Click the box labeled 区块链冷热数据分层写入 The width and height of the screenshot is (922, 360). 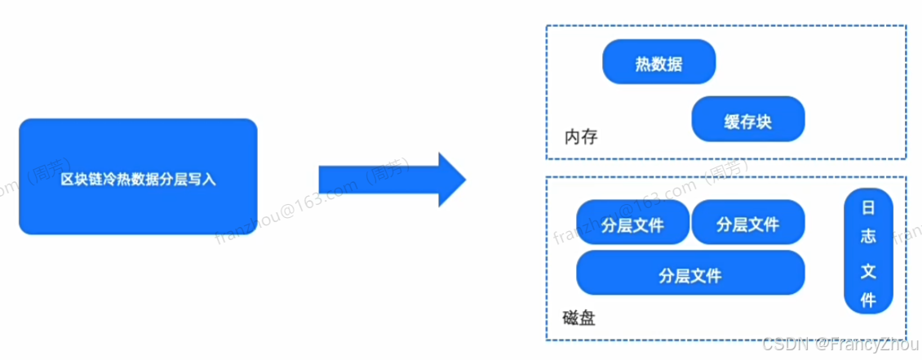pyautogui.click(x=138, y=176)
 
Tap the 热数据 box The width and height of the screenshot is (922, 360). pyautogui.click(x=658, y=63)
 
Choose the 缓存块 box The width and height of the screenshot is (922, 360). pyautogui.click(x=747, y=121)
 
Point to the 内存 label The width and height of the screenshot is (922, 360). pyautogui.click(x=580, y=136)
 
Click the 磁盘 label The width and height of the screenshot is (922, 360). pyautogui.click(x=578, y=317)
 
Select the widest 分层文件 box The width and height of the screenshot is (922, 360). pyautogui.click(x=689, y=273)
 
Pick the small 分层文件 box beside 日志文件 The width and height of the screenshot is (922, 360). pyautogui.click(x=747, y=224)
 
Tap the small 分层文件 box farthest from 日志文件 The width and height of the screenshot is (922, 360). pyautogui.click(x=632, y=224)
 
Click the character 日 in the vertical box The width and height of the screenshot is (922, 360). pyautogui.click(x=868, y=208)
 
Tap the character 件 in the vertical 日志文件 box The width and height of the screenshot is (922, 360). pyautogui.click(x=868, y=300)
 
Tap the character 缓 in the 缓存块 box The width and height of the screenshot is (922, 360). pyautogui.click(x=731, y=122)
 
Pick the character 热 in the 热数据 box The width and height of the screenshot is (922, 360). pyautogui.click(x=642, y=64)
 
